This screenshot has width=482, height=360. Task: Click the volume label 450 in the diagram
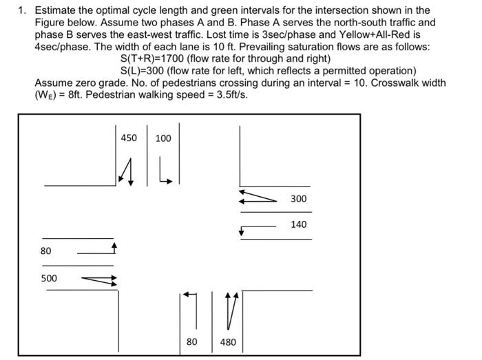click(x=129, y=138)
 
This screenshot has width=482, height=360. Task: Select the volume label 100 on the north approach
click(x=163, y=138)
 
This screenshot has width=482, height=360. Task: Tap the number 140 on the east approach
click(x=298, y=224)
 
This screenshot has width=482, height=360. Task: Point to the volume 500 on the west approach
click(x=49, y=279)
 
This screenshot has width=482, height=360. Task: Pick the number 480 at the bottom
click(x=228, y=341)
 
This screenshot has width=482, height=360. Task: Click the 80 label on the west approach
click(x=45, y=251)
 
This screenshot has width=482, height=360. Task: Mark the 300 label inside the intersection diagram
click(x=298, y=199)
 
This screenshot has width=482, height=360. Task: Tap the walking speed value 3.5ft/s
click(x=228, y=94)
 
